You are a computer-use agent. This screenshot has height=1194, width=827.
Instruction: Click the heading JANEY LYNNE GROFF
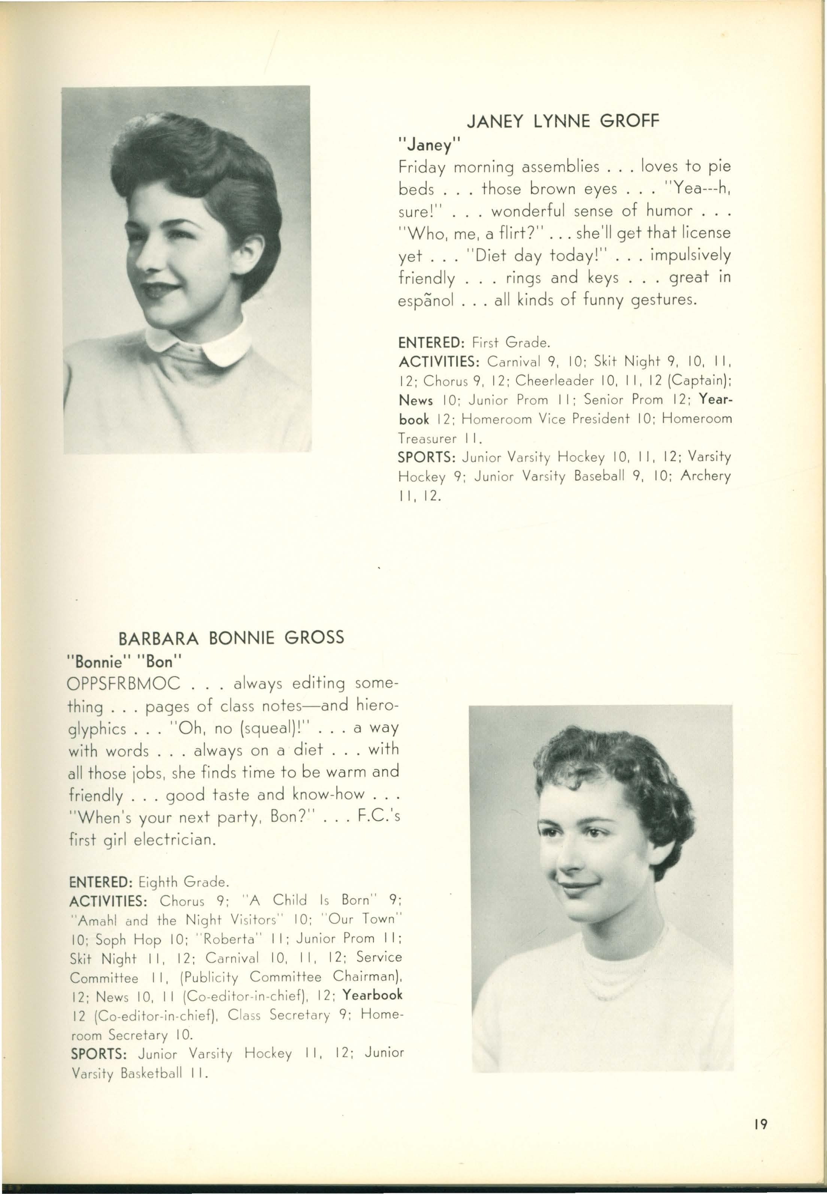tap(563, 122)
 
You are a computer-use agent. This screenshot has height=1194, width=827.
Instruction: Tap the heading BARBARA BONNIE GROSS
tap(231, 637)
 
